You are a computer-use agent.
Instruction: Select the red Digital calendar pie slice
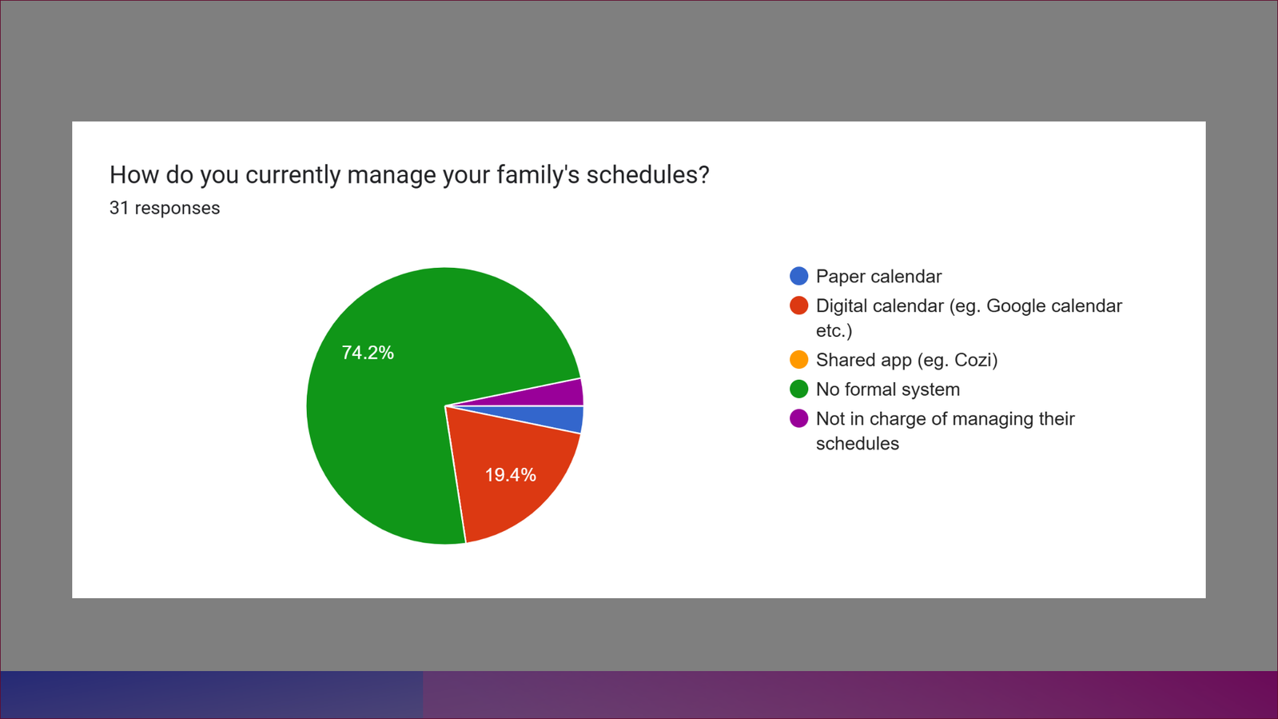pyautogui.click(x=508, y=477)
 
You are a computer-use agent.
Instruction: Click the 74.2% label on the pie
pyautogui.click(x=368, y=353)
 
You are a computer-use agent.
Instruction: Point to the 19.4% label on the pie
pyautogui.click(x=511, y=475)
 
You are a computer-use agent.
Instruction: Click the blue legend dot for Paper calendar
pyautogui.click(x=798, y=276)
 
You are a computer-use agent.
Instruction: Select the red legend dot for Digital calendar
pyautogui.click(x=798, y=306)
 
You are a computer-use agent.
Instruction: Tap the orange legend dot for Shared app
pyautogui.click(x=798, y=360)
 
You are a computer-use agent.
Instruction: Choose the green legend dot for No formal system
pyautogui.click(x=798, y=389)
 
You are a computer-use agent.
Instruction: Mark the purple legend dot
pyautogui.click(x=798, y=418)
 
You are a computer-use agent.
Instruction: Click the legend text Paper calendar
pyautogui.click(x=878, y=277)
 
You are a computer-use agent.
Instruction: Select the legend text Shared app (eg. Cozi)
pyautogui.click(x=906, y=361)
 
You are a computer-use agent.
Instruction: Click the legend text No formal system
pyautogui.click(x=888, y=389)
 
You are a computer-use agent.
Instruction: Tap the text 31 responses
pyautogui.click(x=165, y=209)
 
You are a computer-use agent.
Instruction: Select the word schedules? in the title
pyautogui.click(x=648, y=175)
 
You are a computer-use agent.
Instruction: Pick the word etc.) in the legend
pyautogui.click(x=834, y=330)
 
